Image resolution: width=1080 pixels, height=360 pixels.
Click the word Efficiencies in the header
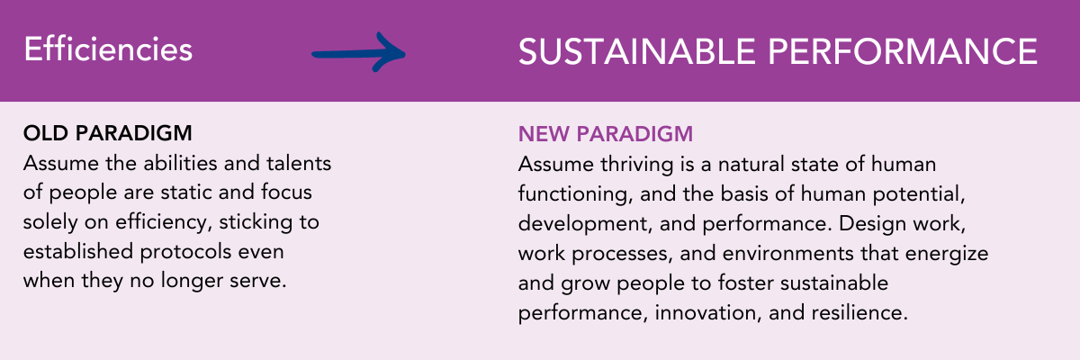[x=108, y=49]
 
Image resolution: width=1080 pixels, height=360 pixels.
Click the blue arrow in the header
[x=359, y=53]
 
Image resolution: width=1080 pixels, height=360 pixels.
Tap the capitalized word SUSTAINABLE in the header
[x=636, y=51]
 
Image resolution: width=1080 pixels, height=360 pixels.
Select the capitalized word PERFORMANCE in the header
[x=903, y=51]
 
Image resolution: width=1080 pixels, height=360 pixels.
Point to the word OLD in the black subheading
[x=45, y=133]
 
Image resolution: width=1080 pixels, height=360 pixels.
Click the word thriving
[x=637, y=166]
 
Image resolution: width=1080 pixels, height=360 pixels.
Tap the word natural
[x=753, y=165]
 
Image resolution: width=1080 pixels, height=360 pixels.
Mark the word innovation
[x=708, y=313]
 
